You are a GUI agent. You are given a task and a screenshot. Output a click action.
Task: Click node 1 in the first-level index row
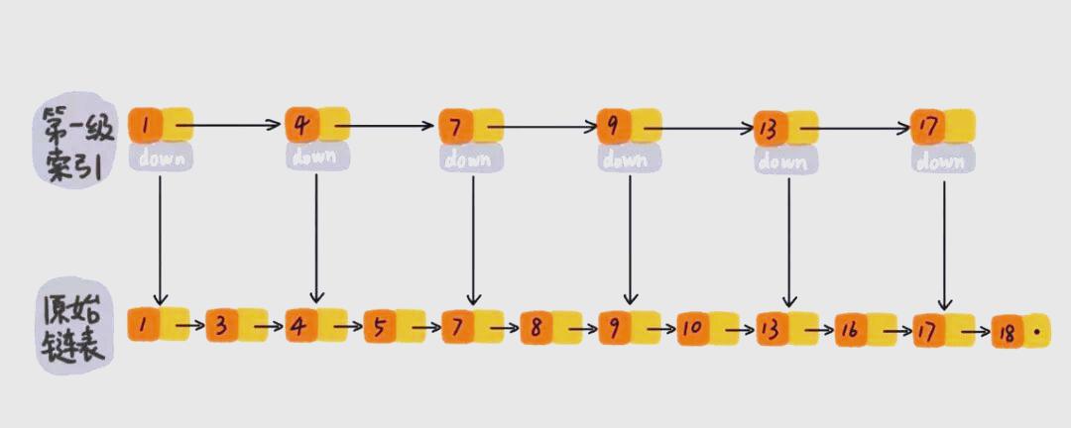(146, 126)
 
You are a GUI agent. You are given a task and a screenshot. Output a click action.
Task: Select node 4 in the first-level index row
(301, 126)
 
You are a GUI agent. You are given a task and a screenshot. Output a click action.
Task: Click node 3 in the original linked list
(222, 326)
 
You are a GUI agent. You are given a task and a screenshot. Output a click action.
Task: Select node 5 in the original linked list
(379, 326)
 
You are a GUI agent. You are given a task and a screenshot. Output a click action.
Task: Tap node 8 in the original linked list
(536, 326)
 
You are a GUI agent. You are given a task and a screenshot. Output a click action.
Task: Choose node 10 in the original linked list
(692, 327)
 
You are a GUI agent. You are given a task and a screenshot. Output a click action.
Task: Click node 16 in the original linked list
(851, 328)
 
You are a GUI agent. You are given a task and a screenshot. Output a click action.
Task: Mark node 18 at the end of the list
(1009, 332)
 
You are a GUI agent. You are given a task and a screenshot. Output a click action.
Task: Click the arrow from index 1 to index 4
(233, 126)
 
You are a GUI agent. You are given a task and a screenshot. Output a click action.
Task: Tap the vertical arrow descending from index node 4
(316, 238)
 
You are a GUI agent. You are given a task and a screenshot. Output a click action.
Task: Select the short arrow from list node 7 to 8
(505, 327)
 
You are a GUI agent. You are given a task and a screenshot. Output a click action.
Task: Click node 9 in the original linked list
(615, 326)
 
